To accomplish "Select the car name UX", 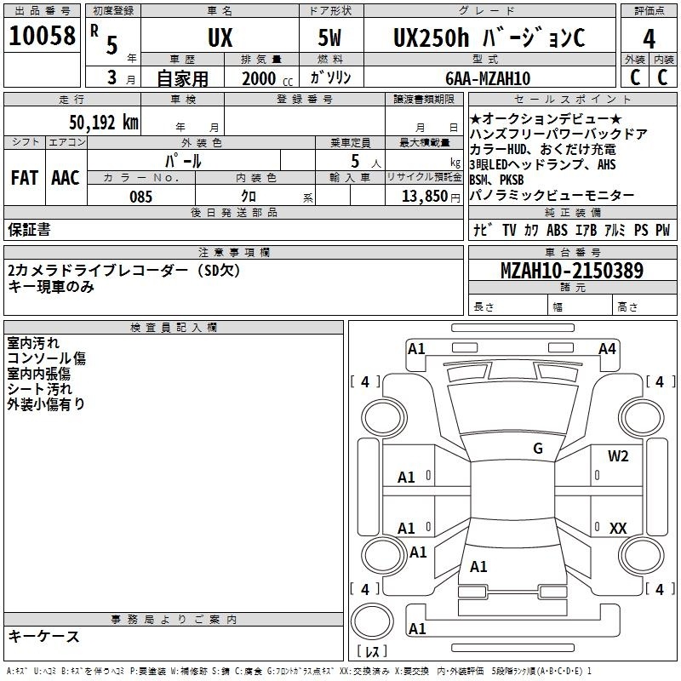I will [x=220, y=38].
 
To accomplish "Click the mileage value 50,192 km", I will [x=104, y=122].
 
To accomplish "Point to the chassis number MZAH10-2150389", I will [x=571, y=272].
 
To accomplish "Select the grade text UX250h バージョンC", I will [x=489, y=38].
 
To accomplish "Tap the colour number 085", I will [x=140, y=197].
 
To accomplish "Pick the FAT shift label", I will [x=24, y=178].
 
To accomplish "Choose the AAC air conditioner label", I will [x=65, y=178].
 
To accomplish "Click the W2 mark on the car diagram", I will [x=618, y=456].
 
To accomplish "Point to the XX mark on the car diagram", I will [x=618, y=529].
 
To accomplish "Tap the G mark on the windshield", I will [x=537, y=449].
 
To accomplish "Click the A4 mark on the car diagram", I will [x=607, y=348].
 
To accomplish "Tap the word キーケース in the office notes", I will [x=44, y=636].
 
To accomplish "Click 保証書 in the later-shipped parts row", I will [x=29, y=229].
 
